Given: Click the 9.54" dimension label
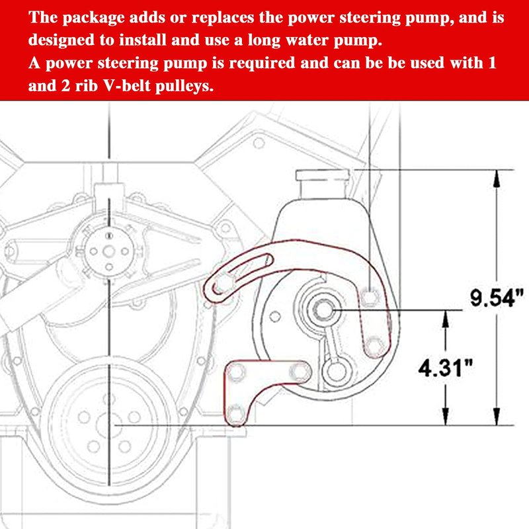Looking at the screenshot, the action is pyautogui.click(x=497, y=298).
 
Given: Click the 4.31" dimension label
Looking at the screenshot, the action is pyautogui.click(x=446, y=368).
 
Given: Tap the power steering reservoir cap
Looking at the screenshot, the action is pyautogui.click(x=323, y=175).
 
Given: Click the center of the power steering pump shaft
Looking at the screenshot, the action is pyautogui.click(x=323, y=309).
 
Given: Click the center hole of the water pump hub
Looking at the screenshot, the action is pyautogui.click(x=108, y=251).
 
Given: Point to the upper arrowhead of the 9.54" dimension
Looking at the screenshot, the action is pyautogui.click(x=497, y=178).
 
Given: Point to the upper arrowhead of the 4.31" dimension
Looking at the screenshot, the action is pyautogui.click(x=446, y=319).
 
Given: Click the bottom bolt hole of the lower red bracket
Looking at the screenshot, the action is pyautogui.click(x=236, y=414).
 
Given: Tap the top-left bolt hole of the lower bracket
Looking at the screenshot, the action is pyautogui.click(x=236, y=372).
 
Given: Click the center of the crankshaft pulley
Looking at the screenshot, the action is pyautogui.click(x=108, y=425).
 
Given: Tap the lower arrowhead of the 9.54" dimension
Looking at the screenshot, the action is pyautogui.click(x=497, y=417).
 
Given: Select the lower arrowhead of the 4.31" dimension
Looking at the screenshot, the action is pyautogui.click(x=446, y=417).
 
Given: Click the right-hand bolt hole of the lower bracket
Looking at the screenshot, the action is pyautogui.click(x=300, y=371).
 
